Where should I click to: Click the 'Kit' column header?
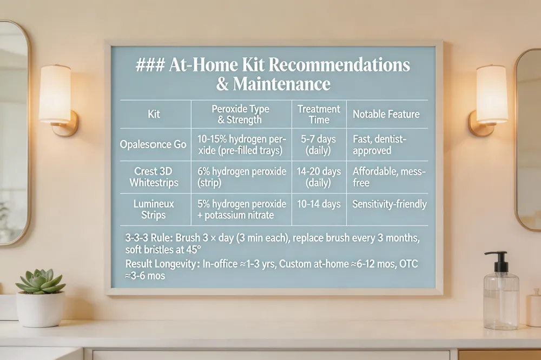tap(154, 114)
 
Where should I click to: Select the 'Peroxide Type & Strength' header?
tap(240, 114)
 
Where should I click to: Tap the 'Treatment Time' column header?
tap(319, 114)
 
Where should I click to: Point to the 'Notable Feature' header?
tap(386, 114)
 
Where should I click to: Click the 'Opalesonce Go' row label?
tap(153, 144)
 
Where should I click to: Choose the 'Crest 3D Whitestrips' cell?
tap(154, 177)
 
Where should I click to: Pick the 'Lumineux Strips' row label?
tap(154, 209)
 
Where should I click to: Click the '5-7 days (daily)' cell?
tap(318, 144)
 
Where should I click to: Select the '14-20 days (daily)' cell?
tap(319, 177)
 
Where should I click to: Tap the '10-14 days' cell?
tap(319, 204)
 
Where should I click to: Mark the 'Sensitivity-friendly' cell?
tap(389, 204)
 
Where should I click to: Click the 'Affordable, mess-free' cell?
tap(389, 177)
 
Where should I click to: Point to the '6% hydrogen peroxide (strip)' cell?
tap(241, 177)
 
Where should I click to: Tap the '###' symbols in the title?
tap(150, 65)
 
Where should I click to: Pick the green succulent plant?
tap(41, 281)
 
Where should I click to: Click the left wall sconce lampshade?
tap(56, 94)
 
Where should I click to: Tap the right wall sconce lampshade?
tap(492, 94)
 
